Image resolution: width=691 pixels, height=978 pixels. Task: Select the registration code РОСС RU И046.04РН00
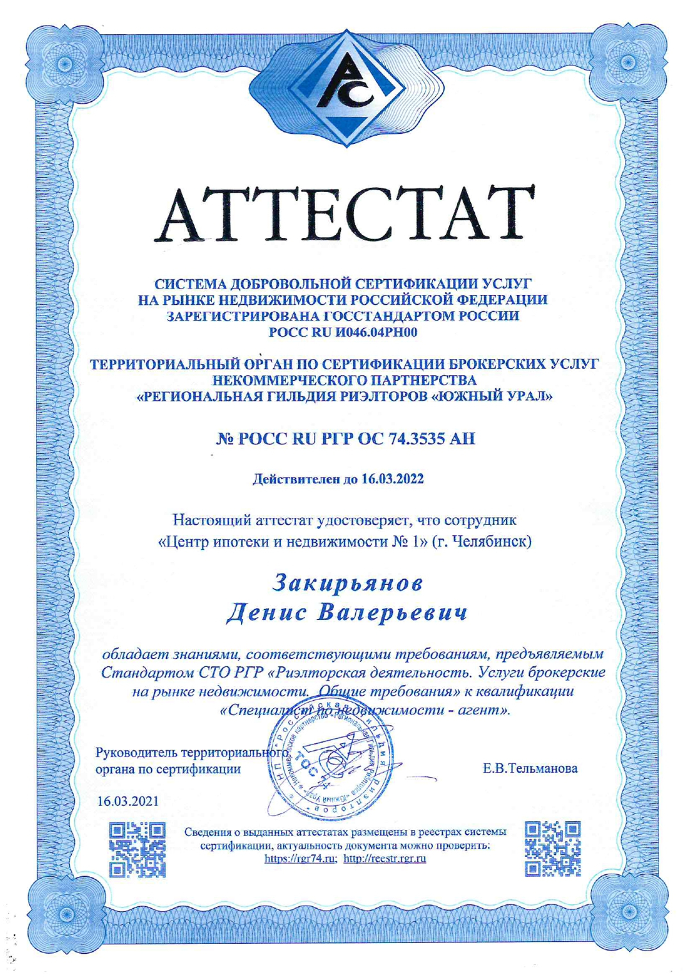[x=343, y=332]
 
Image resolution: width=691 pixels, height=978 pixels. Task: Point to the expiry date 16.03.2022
[x=392, y=479]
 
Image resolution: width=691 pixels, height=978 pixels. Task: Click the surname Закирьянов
[x=348, y=582]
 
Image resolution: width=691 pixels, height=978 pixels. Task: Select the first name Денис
[x=266, y=613]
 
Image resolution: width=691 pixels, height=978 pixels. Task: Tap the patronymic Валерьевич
[x=393, y=613]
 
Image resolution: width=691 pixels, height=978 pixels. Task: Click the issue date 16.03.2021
[x=128, y=801]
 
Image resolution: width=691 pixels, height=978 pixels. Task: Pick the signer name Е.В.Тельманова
[x=530, y=768]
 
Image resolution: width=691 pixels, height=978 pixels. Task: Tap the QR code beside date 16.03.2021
[x=137, y=849]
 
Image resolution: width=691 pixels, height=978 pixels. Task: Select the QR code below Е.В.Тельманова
[x=553, y=849]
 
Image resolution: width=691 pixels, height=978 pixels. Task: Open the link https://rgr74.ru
[x=300, y=859]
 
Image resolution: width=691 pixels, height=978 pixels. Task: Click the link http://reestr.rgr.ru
[x=385, y=859]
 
